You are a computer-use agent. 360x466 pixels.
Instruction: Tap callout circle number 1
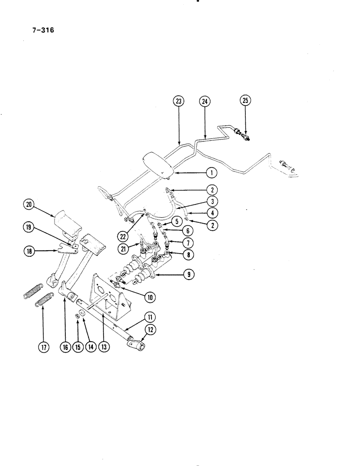(212, 173)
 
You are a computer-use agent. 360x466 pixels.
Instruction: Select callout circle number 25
(245, 100)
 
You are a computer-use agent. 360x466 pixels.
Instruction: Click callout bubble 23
(179, 100)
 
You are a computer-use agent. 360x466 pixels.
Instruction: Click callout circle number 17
(43, 347)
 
